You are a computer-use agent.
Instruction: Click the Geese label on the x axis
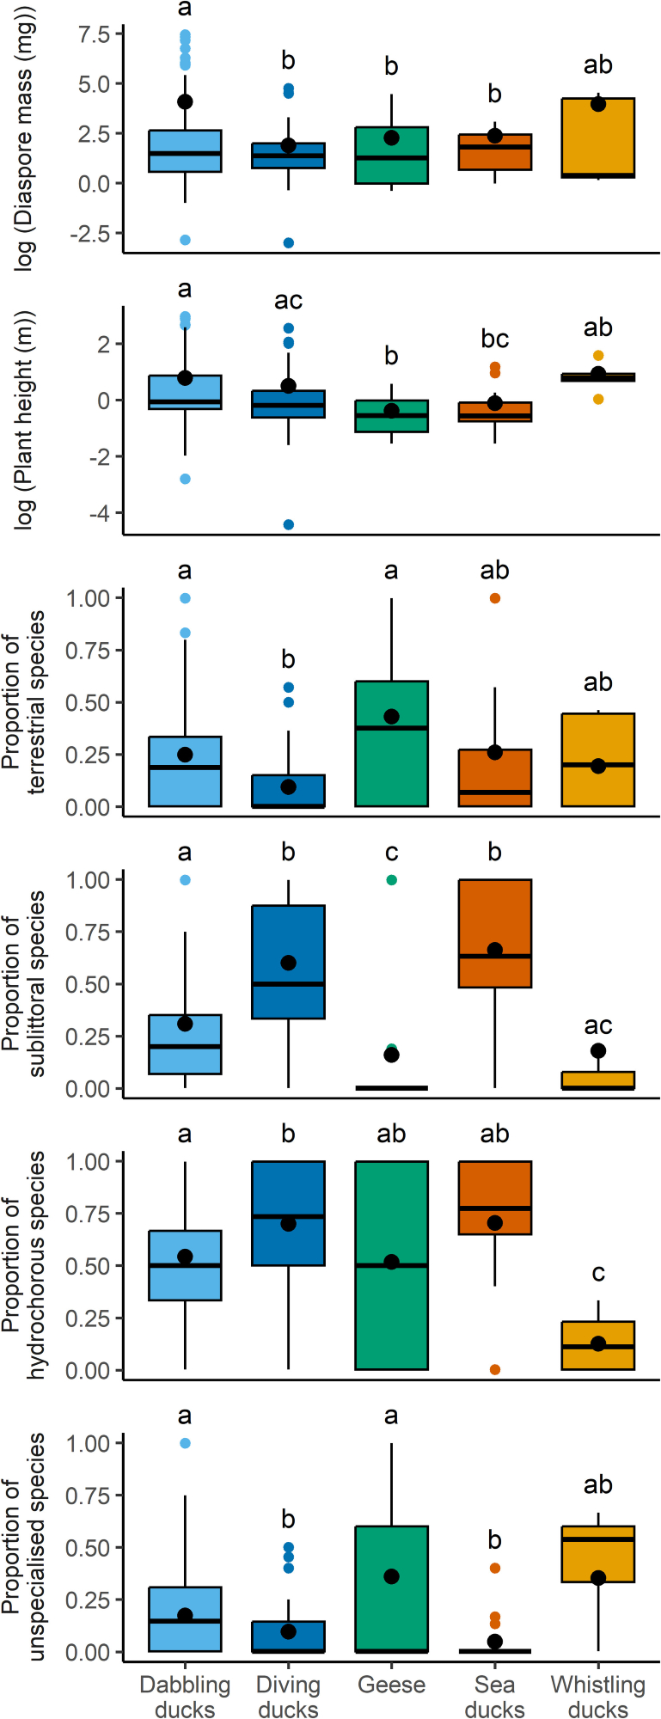391,1685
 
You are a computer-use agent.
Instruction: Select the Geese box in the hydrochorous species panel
391,1265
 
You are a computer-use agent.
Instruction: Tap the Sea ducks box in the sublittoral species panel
495,933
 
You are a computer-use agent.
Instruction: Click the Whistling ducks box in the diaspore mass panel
598,138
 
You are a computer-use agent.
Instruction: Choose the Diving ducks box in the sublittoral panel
289,962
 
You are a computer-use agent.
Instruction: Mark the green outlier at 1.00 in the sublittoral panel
392,880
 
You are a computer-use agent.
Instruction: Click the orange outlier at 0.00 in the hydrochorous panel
495,1369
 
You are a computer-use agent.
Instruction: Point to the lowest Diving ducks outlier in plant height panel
289,524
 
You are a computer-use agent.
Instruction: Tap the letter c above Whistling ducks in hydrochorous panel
598,1274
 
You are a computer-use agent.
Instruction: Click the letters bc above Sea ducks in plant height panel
495,340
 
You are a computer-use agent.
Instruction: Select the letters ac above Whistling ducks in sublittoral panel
598,1025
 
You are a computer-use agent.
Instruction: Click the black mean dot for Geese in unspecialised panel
392,1576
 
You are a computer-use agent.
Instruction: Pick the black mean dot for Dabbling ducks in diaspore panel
185,101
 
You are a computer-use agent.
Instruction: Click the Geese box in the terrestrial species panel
391,744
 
